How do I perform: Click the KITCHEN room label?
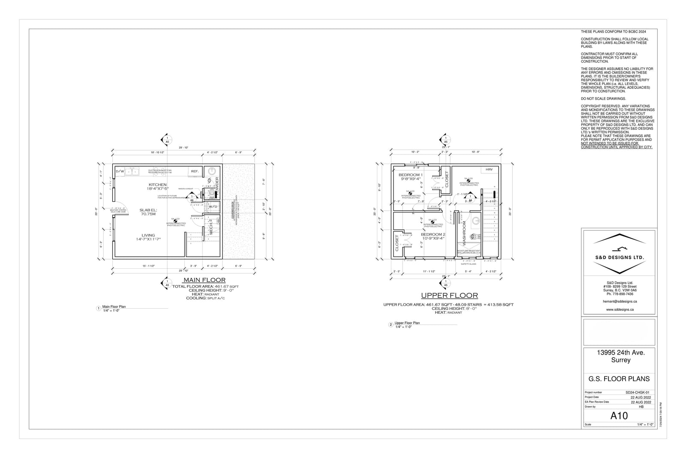pyautogui.click(x=157, y=185)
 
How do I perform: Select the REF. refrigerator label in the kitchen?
pyautogui.click(x=195, y=171)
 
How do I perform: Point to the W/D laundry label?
pyautogui.click(x=213, y=206)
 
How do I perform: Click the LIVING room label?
pyautogui.click(x=148, y=235)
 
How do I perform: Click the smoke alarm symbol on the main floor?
pyautogui.click(x=175, y=221)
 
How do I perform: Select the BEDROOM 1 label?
pyautogui.click(x=410, y=175)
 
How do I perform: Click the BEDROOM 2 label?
pyautogui.click(x=433, y=234)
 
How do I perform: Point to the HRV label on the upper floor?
pyautogui.click(x=489, y=170)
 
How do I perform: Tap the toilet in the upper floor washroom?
pyautogui.click(x=472, y=236)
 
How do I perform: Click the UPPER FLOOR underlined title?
pyautogui.click(x=449, y=295)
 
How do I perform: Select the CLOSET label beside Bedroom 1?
pyautogui.click(x=446, y=179)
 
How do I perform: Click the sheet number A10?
pyautogui.click(x=619, y=416)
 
